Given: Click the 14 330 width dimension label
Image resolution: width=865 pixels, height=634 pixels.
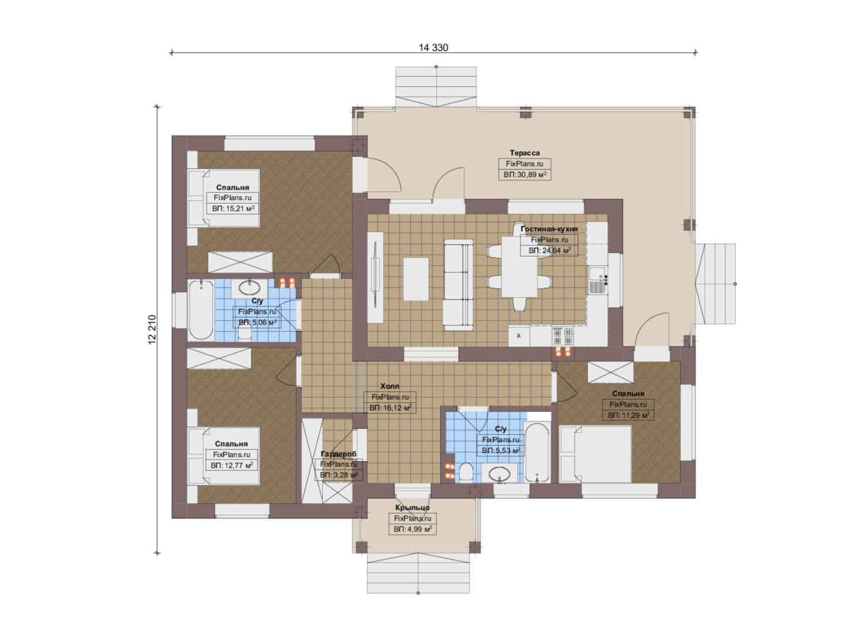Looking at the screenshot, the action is click(x=433, y=48).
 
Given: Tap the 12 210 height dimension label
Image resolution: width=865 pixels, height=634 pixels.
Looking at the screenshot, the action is click(x=152, y=329).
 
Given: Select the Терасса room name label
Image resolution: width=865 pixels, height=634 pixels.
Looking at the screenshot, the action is click(x=525, y=153).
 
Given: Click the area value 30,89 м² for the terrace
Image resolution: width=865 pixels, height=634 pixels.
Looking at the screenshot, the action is click(x=525, y=175).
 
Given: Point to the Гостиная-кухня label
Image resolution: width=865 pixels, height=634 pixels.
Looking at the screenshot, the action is click(x=549, y=229).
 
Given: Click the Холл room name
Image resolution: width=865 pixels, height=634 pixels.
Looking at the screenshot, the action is click(x=390, y=386).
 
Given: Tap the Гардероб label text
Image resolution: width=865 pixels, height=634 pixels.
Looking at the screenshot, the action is click(x=339, y=454).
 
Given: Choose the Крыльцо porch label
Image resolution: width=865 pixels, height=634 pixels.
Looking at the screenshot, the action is click(x=412, y=508).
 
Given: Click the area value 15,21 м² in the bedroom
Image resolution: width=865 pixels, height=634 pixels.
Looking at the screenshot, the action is click(x=233, y=208).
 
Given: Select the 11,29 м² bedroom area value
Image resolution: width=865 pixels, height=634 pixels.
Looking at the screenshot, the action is click(x=629, y=415).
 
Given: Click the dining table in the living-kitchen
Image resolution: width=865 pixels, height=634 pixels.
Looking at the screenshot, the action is click(x=519, y=267).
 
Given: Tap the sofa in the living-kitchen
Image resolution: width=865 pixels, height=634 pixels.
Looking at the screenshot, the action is click(x=458, y=285).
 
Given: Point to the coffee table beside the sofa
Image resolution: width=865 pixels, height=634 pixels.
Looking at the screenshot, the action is click(x=416, y=279).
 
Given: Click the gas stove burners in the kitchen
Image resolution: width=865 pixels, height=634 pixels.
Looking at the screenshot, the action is click(x=562, y=336).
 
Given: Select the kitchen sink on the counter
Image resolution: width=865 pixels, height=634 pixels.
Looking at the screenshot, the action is click(x=597, y=288).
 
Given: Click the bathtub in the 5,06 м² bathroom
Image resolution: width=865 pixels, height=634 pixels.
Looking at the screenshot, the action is click(x=201, y=310).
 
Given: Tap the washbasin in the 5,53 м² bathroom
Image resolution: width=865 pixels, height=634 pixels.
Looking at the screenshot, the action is click(x=499, y=474).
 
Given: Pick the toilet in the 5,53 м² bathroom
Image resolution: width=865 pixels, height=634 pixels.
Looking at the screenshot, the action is click(x=466, y=473).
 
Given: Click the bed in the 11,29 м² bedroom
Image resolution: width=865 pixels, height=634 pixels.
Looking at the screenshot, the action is click(x=596, y=454).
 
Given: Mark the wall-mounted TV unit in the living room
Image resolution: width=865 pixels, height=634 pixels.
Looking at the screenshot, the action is click(x=376, y=278).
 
